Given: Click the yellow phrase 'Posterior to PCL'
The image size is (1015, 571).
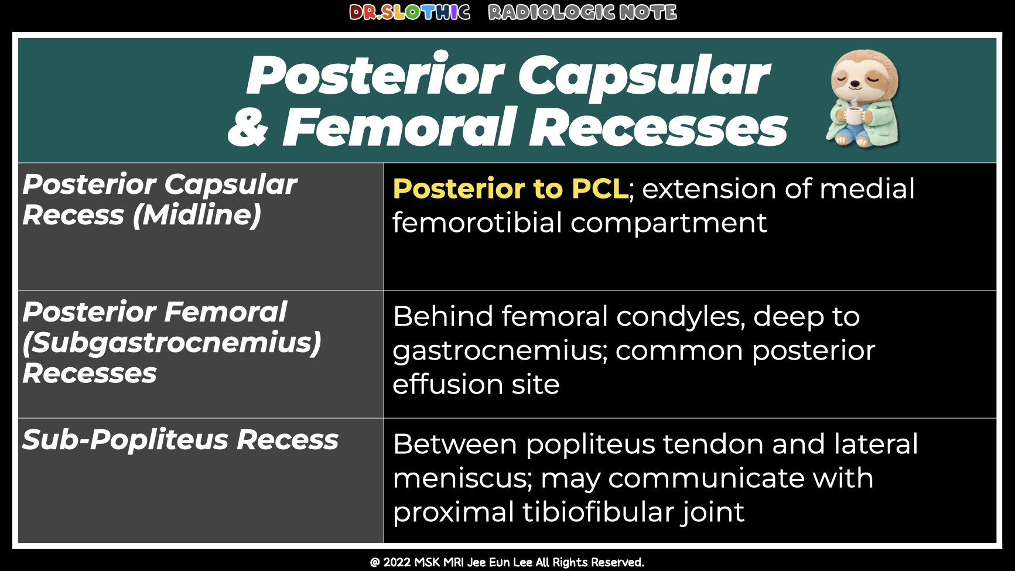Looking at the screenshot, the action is tap(510, 189).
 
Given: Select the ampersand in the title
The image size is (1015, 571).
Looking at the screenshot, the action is tap(248, 128).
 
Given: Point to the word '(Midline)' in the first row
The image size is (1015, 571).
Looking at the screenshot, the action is tap(197, 215).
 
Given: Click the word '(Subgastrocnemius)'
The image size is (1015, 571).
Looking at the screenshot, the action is tap(172, 343).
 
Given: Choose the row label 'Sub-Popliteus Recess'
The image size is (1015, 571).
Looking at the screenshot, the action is tap(180, 440).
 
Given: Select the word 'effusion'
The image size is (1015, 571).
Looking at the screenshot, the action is tap(447, 385).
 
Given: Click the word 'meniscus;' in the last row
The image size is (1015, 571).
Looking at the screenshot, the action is tap(463, 478).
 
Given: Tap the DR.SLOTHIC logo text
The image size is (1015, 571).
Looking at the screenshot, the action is tap(409, 12).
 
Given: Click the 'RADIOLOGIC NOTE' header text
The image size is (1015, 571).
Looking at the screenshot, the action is tap(582, 12).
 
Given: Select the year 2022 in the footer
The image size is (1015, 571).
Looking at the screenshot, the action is tap(397, 562).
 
